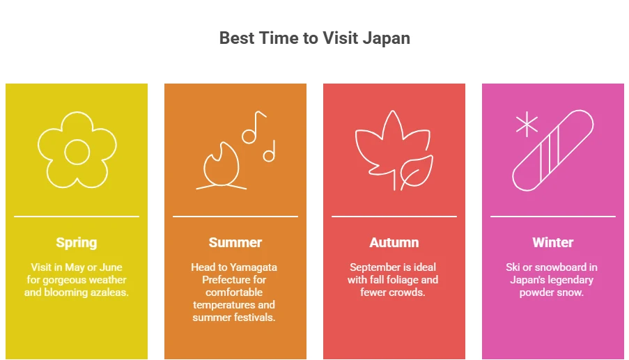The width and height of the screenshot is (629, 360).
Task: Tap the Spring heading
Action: point(77,242)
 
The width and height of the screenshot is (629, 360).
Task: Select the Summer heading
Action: point(235,242)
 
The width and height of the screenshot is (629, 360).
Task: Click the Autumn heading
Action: point(394,242)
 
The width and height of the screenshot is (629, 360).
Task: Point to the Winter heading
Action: point(553,242)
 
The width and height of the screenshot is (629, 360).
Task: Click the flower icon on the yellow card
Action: point(76,150)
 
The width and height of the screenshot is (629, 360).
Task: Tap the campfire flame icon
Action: point(222,164)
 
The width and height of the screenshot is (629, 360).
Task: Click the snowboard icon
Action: point(553,150)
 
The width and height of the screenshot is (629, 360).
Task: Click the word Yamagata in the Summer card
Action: point(254,267)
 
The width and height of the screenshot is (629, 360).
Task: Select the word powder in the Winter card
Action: point(536,292)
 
